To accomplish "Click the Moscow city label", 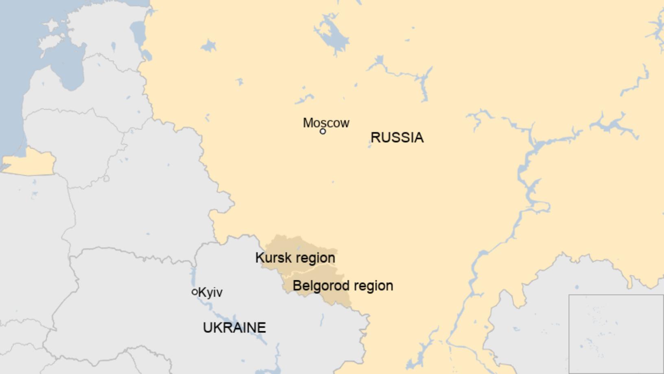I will [x=326, y=123].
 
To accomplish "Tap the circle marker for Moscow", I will [x=323, y=132].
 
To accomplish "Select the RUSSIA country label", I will [x=397, y=138].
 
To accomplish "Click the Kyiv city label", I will [x=210, y=292].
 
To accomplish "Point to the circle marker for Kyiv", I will [x=194, y=292].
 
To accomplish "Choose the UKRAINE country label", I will [x=234, y=328].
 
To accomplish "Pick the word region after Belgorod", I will [x=371, y=286].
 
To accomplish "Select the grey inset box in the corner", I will [x=616, y=334].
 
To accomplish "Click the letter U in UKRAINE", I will [x=207, y=328].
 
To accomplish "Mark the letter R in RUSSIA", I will [x=375, y=138].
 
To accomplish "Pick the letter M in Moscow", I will [x=308, y=123].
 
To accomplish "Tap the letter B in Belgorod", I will [x=297, y=286].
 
